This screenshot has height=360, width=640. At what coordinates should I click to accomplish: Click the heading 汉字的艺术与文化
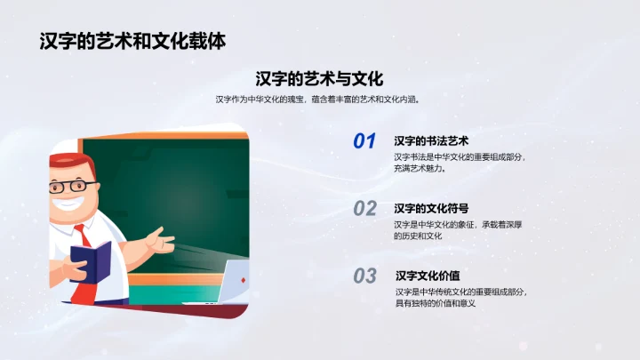pyautogui.click(x=319, y=78)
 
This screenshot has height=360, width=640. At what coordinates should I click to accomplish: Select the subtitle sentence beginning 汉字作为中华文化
pyautogui.click(x=317, y=100)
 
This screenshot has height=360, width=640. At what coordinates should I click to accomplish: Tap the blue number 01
pyautogui.click(x=365, y=141)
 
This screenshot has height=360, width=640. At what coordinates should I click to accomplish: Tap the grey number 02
pyautogui.click(x=365, y=209)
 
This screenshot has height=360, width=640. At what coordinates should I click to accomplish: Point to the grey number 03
pyautogui.click(x=365, y=276)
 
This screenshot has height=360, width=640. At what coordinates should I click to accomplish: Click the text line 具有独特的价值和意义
pyautogui.click(x=436, y=303)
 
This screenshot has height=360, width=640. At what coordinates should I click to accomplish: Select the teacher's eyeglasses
pyautogui.click(x=73, y=187)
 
